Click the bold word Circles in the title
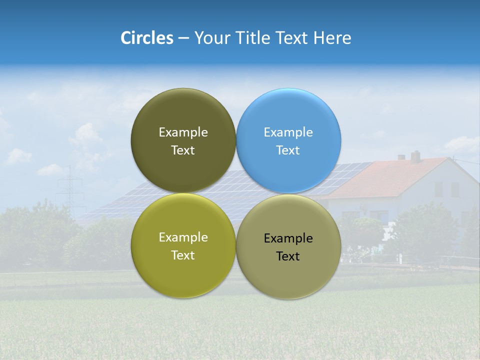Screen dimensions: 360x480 (147, 38)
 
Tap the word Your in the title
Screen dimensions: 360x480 (210, 38)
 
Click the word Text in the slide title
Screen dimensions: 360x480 (292, 38)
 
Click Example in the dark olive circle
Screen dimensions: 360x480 (183, 132)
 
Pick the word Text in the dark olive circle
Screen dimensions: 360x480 (183, 150)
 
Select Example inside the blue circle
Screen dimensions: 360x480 (288, 132)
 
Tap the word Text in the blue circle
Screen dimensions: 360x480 (288, 150)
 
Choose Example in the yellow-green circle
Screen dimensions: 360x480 (183, 237)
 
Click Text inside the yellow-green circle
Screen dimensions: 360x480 (183, 255)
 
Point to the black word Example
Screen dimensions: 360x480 (288, 238)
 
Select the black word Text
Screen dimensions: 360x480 (288, 256)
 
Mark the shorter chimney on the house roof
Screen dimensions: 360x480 (401, 157)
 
